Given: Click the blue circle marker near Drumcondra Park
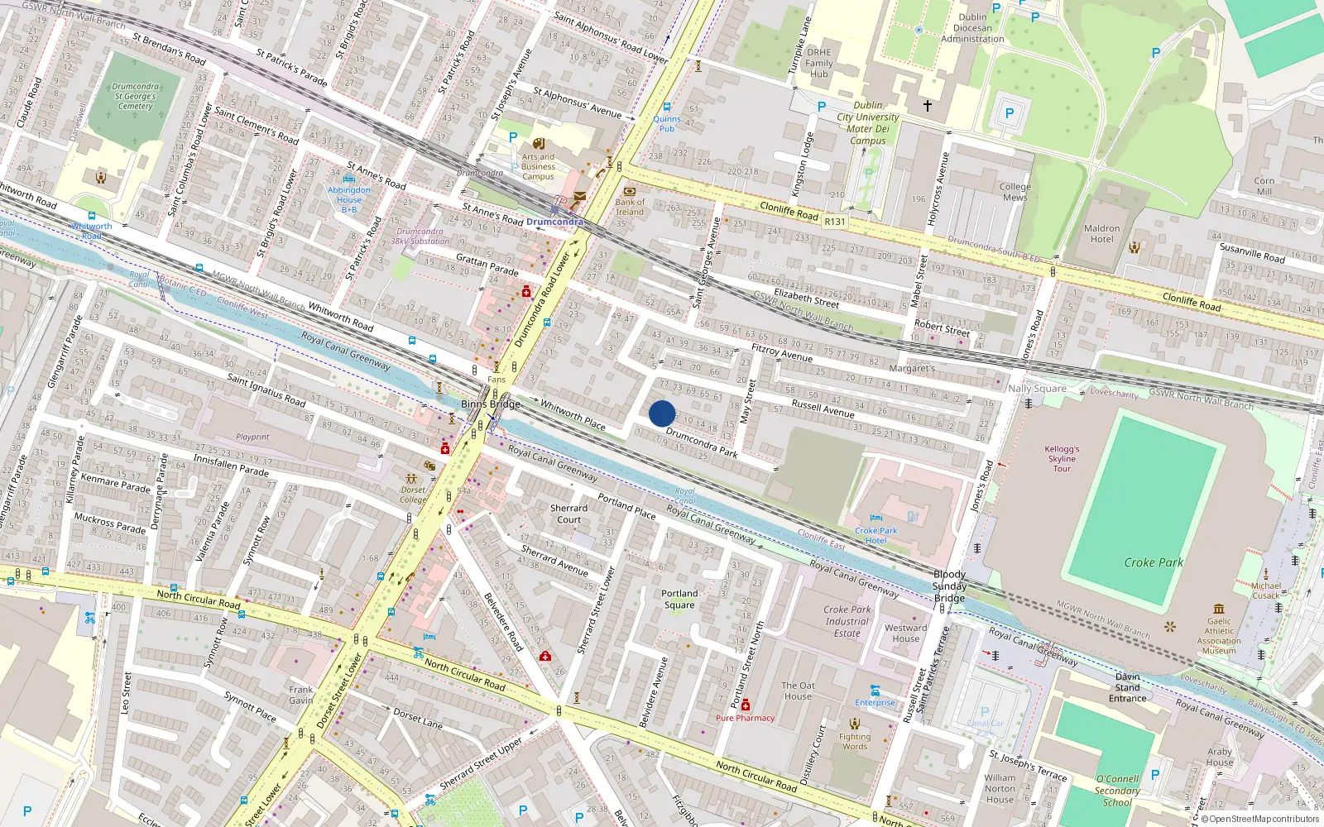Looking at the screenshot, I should (x=662, y=413).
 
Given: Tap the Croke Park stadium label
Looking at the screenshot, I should (x=1153, y=562).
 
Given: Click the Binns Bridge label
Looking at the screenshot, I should (x=491, y=404).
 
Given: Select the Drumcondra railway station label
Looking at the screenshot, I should (x=554, y=222).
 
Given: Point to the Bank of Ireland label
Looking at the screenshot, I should (x=630, y=207).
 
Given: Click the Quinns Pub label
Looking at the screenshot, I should (x=667, y=123).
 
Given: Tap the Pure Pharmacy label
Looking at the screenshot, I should (x=745, y=718).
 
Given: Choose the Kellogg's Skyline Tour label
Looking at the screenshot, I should (x=1062, y=459).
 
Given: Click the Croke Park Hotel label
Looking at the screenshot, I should (x=876, y=535).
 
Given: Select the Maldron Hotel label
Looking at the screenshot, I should (x=1101, y=234).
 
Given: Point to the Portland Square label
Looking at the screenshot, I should (x=679, y=599).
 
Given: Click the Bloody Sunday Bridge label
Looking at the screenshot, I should (x=949, y=586).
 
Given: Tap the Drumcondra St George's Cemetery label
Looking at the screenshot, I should (x=135, y=96).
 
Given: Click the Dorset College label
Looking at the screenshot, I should (x=413, y=495).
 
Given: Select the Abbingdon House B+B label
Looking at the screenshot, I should (x=349, y=199).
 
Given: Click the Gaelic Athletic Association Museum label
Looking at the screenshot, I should (x=1219, y=636).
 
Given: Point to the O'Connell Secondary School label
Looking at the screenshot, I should (x=1117, y=791).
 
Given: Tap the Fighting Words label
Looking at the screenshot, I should (x=855, y=741).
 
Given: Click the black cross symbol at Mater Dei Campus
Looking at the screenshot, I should (x=928, y=106).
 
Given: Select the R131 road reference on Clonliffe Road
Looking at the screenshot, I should (x=835, y=222).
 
